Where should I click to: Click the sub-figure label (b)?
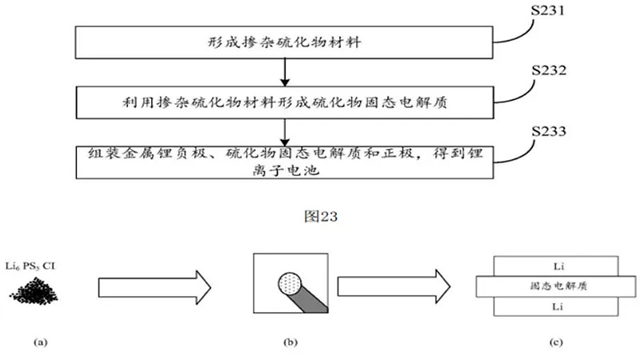pos(290,342)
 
